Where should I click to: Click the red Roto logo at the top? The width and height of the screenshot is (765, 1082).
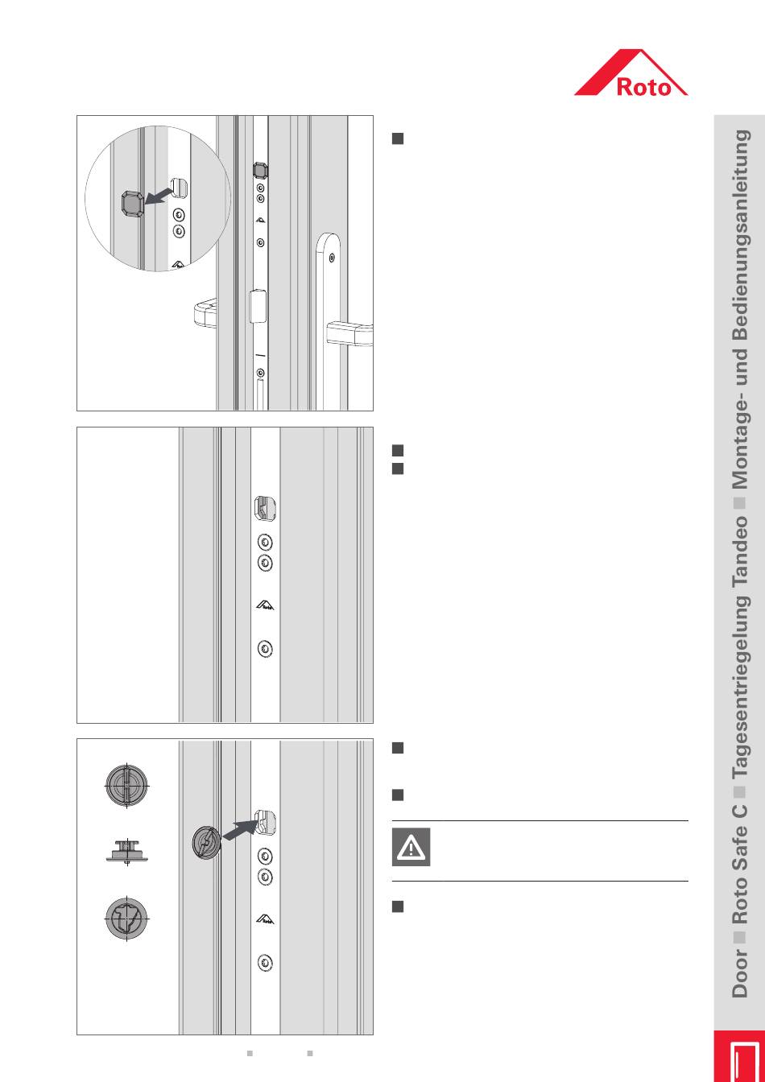coord(631,72)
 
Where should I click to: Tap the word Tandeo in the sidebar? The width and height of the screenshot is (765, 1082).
coord(740,551)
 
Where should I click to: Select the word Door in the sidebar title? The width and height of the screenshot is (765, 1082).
coord(740,973)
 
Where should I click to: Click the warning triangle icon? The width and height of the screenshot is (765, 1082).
coord(411,847)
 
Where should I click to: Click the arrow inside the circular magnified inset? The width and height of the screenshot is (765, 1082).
coord(159,196)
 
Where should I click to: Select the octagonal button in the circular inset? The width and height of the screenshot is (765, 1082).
coord(132,204)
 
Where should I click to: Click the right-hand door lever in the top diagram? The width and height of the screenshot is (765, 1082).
coord(349,333)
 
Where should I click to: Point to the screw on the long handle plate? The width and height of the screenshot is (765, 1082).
coord(332,258)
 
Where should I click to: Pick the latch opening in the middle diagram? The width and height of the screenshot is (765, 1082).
coord(265,509)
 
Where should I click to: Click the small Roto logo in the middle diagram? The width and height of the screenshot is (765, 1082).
coord(265,605)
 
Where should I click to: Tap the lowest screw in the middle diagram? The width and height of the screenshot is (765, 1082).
coord(265,649)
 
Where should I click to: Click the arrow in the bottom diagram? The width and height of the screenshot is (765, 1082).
coord(238,832)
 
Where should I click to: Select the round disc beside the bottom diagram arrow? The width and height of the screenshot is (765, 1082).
coord(206,842)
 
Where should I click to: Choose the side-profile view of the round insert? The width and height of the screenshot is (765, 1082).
coord(126,852)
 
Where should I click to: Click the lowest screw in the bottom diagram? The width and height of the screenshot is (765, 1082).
coord(265,963)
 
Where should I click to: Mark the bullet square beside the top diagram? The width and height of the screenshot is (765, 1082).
coord(398,138)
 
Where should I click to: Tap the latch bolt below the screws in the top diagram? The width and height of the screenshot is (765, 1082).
coord(258,306)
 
